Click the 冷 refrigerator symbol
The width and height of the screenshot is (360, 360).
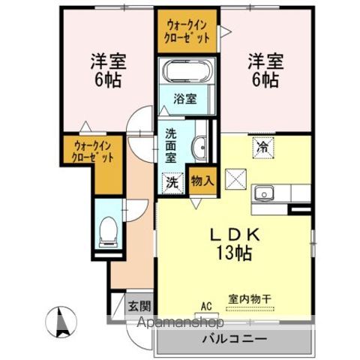pos(263,147)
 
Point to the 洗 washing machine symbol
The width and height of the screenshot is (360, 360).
pos(172,181)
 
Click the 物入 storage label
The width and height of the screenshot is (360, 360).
pos(202,181)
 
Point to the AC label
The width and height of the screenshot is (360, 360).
pos(206,305)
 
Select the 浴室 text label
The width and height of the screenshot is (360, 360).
pos(185,98)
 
